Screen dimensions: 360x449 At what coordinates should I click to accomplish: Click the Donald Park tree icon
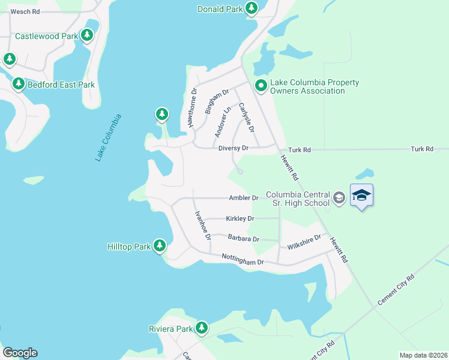tap(252, 8)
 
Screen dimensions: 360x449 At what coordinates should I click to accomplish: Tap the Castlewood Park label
tap(46, 36)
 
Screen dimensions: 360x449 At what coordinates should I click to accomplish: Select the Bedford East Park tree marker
tap(19, 84)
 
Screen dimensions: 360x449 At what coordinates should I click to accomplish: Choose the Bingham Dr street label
tap(217, 101)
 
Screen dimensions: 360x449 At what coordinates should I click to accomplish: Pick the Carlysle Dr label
tap(247, 118)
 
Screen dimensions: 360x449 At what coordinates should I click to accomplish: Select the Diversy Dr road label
tap(234, 148)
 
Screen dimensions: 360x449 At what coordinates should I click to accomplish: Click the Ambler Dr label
tap(243, 198)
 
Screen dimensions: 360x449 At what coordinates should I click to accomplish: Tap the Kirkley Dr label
tap(240, 219)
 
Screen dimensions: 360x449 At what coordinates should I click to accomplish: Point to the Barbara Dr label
tap(243, 239)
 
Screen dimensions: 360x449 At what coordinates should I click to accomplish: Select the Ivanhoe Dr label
tap(202, 226)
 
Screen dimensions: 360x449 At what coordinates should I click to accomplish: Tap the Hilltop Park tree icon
tap(159, 245)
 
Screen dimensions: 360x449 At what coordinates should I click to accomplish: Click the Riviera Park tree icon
tap(202, 328)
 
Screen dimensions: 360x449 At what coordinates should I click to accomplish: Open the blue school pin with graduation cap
tap(361, 195)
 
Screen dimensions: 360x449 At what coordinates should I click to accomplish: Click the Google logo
tap(20, 353)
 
